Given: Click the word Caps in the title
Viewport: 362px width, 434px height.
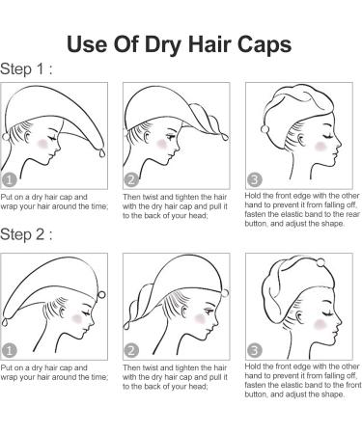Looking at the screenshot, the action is (265, 44).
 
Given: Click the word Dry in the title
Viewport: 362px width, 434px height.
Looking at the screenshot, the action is (163, 44).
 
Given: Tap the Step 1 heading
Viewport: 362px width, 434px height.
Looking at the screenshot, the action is (26, 69).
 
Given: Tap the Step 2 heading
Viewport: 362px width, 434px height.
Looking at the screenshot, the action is (26, 234).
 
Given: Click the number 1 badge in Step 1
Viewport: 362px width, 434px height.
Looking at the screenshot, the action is (9, 180).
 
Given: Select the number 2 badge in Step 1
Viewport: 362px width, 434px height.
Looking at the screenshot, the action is (131, 180).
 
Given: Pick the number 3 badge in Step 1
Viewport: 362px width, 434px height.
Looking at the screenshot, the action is (255, 180).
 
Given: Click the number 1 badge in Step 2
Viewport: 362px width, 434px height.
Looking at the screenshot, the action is (9, 351).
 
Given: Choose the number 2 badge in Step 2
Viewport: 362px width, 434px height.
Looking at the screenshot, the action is (131, 351).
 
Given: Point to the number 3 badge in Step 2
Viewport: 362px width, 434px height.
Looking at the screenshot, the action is (255, 351).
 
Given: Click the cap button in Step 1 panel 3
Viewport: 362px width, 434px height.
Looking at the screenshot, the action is (265, 129).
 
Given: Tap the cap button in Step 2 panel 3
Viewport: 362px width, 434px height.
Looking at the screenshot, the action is (320, 262).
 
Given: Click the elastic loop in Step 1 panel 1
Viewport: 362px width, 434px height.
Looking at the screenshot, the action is (102, 152).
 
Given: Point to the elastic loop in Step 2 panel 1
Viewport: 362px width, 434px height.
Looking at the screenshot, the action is (5, 322).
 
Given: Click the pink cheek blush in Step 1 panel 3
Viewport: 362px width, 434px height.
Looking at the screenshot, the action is (320, 147).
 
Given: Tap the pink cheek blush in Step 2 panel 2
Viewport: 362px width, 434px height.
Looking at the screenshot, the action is (200, 318).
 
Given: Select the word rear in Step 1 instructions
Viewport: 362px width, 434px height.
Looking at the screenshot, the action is (353, 214).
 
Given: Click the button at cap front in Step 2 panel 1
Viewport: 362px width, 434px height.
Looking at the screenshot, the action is (101, 294).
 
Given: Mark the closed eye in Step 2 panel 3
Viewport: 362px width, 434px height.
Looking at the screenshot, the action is (327, 312).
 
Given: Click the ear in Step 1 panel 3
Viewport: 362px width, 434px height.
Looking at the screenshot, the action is (301, 140).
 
